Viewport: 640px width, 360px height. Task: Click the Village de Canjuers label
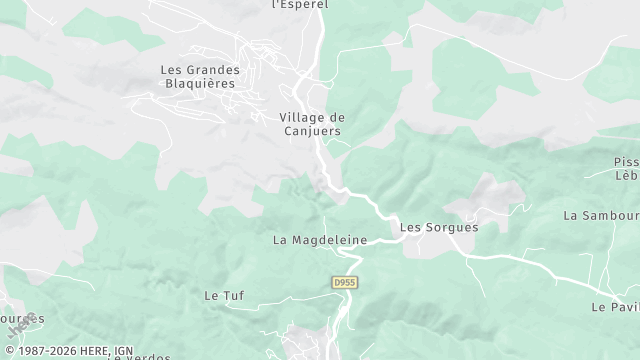pos(310,123)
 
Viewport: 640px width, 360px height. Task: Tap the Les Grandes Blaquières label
pos(200,76)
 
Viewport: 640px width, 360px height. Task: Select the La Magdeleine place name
pos(320,240)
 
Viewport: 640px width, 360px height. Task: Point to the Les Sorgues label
pos(439,227)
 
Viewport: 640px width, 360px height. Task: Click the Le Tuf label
pos(224,295)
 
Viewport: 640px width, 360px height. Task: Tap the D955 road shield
pos(345,283)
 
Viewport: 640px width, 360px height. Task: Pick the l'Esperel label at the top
pos(300,4)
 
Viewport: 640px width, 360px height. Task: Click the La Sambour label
pos(601,215)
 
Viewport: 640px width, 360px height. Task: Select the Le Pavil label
pos(615,307)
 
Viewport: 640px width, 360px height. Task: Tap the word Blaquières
pos(200,83)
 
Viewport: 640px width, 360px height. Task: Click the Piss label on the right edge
pos(626,162)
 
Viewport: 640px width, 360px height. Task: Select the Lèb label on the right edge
pos(627,175)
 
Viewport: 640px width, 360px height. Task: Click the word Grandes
pos(212,70)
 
